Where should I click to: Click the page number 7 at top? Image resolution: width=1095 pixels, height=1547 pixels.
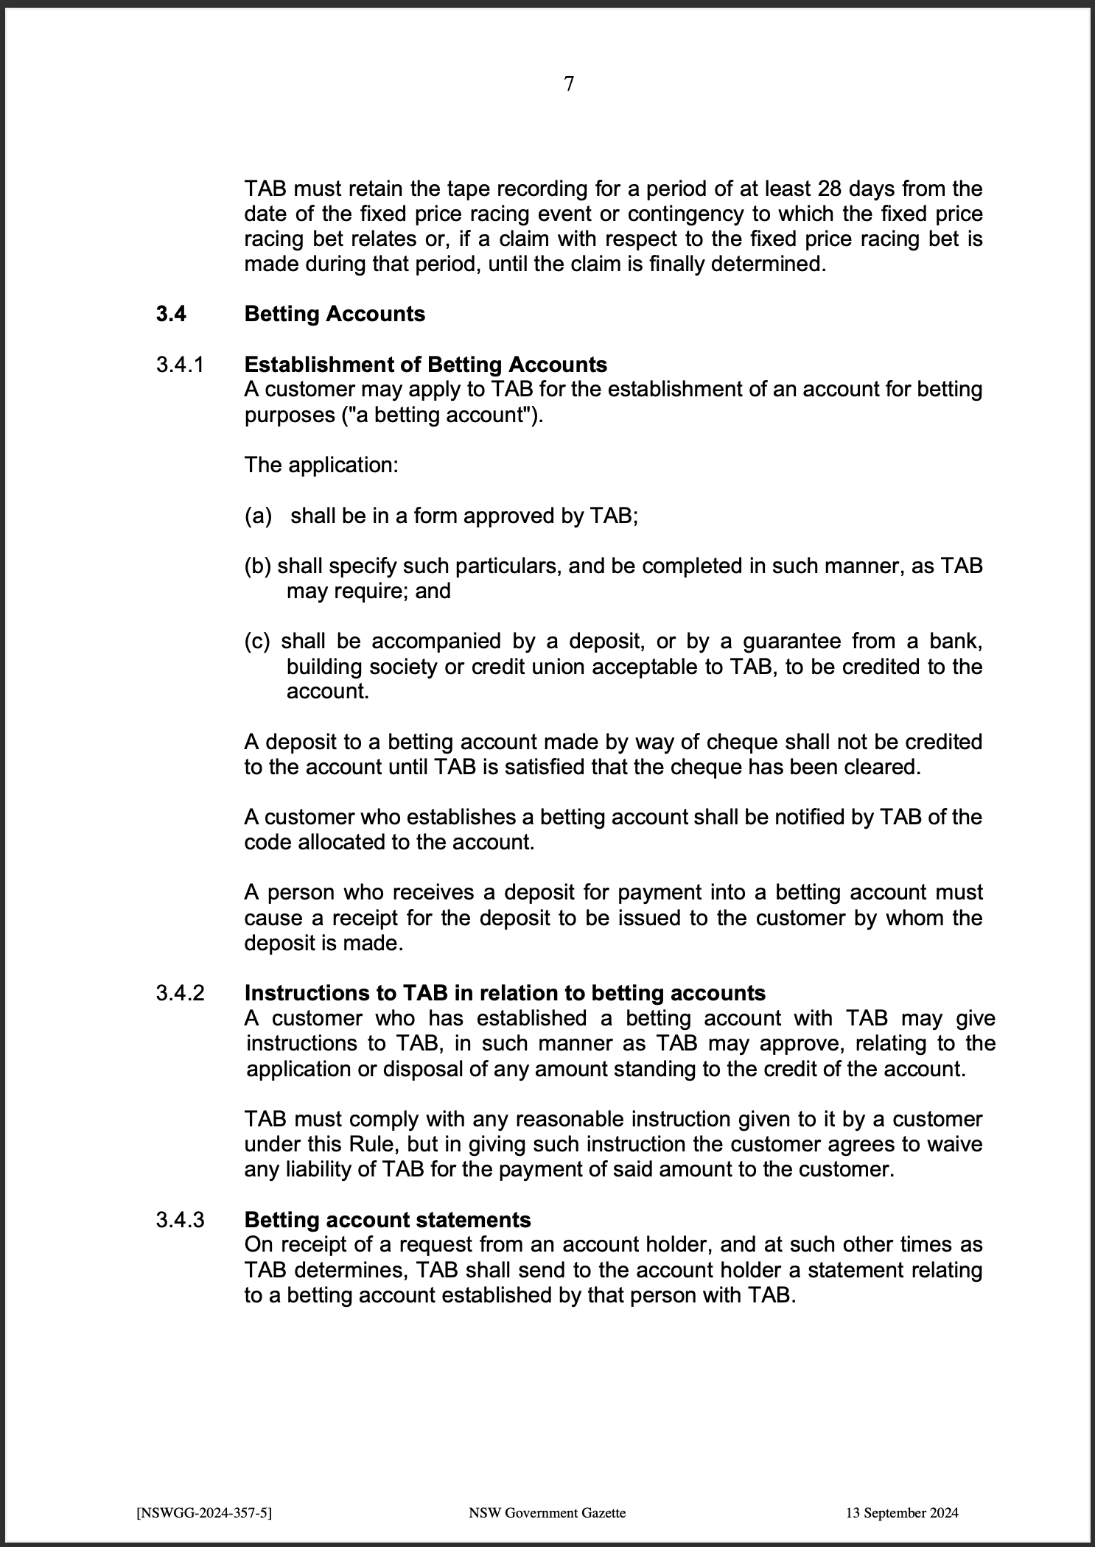coord(569,84)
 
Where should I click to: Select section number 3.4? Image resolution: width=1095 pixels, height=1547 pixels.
coord(171,315)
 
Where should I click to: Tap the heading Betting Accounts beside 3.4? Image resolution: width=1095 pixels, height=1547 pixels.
coord(335,315)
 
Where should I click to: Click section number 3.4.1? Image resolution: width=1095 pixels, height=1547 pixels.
coord(179,365)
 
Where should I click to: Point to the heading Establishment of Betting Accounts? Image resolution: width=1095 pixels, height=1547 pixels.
coord(425,365)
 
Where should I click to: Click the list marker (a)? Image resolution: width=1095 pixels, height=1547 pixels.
coord(258,516)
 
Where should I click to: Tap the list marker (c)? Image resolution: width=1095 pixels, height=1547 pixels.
coord(258,642)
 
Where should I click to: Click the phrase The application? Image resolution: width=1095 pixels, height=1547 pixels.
coord(321,466)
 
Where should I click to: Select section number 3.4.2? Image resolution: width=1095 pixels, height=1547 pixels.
coord(180,993)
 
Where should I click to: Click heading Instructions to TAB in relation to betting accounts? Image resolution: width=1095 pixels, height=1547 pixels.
coord(505,993)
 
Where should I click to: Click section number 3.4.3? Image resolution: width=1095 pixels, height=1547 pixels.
coord(180,1220)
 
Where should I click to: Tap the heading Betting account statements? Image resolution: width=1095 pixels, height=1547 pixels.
coord(387,1220)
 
